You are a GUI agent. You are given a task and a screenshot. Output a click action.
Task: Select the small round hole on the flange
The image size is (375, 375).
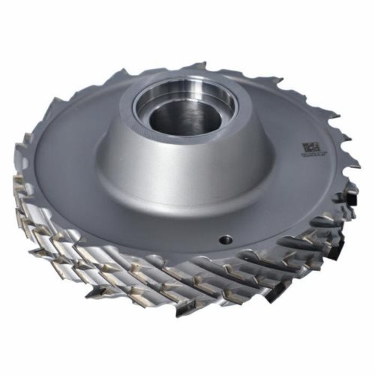[x=224, y=240]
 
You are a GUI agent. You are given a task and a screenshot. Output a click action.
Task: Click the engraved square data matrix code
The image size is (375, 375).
[x=307, y=148]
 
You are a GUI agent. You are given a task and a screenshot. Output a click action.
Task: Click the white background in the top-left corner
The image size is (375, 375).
[x=22, y=22]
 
